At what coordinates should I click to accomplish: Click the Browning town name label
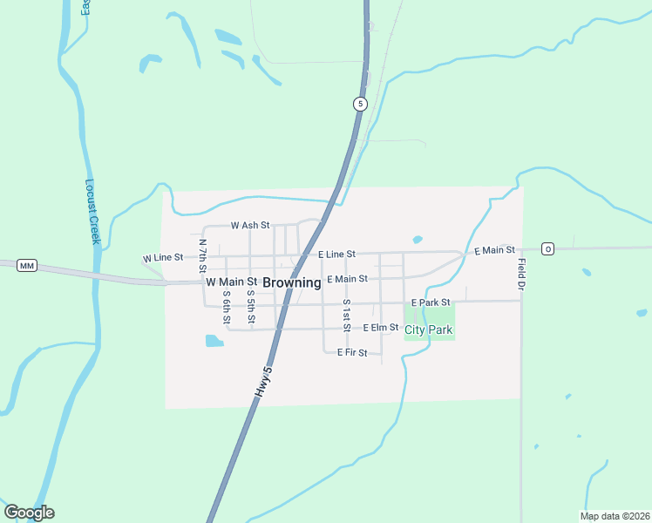click(x=291, y=282)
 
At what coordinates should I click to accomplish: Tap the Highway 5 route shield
click(x=360, y=104)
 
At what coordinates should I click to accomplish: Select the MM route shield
click(x=26, y=265)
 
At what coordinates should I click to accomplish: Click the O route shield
click(x=547, y=249)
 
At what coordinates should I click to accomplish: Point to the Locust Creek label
click(x=93, y=211)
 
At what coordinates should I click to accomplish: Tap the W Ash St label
click(x=250, y=225)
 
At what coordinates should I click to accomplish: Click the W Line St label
click(x=163, y=258)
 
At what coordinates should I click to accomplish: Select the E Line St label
click(x=336, y=254)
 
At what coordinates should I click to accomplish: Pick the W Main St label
click(x=231, y=282)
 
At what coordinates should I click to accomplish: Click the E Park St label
click(x=431, y=302)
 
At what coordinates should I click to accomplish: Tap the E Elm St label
click(x=380, y=328)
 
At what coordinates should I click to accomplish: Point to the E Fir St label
click(x=358, y=353)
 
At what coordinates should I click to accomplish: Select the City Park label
click(x=428, y=330)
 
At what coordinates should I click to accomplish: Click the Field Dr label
click(x=520, y=275)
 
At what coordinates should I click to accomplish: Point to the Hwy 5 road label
click(x=263, y=384)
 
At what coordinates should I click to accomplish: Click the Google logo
click(x=29, y=513)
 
